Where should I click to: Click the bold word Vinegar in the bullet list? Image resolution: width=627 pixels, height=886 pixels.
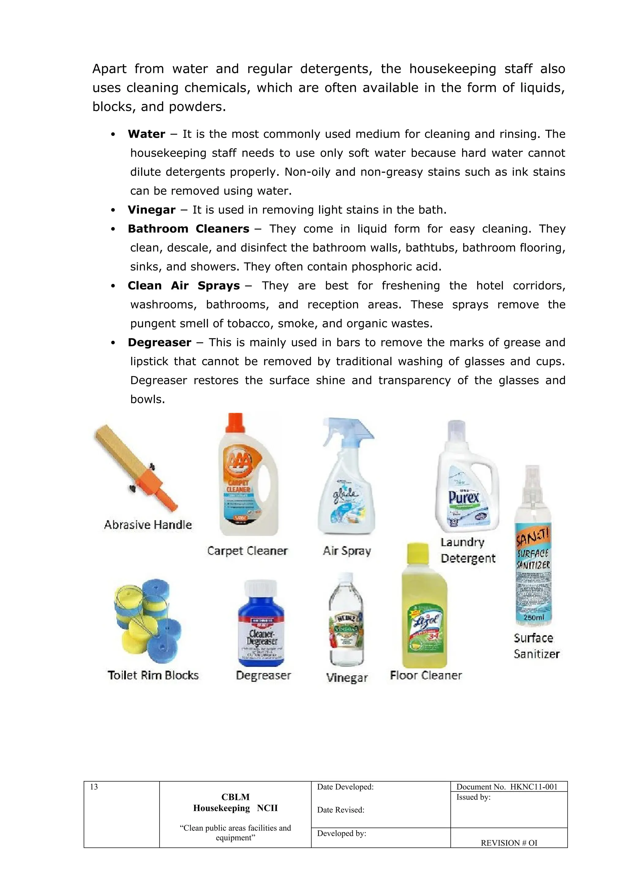(x=151, y=210)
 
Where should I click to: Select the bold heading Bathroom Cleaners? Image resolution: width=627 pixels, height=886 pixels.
(x=188, y=229)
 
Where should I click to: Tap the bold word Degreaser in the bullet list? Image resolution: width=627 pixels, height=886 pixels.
(x=160, y=342)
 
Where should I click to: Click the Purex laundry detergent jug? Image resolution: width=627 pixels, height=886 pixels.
(x=466, y=486)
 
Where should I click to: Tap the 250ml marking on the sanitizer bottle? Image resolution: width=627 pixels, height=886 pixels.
(x=534, y=618)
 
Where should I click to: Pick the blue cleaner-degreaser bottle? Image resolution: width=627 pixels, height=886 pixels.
(x=261, y=629)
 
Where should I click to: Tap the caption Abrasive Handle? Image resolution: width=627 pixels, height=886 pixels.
(x=148, y=525)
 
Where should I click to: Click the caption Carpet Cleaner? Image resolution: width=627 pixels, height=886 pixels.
(x=247, y=551)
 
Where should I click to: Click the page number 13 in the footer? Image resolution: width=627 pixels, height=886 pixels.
(x=94, y=787)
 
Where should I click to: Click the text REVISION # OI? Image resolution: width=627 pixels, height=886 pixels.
(x=509, y=843)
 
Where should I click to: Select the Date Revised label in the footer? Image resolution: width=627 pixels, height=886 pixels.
(x=340, y=810)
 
